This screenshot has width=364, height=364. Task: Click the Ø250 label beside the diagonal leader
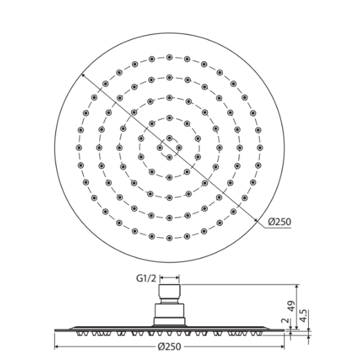point(279,222)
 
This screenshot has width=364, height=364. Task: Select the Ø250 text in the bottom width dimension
point(169,346)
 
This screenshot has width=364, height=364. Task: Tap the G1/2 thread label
point(146,278)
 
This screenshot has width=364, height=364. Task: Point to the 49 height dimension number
point(291,306)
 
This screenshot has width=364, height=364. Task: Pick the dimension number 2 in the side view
point(286,321)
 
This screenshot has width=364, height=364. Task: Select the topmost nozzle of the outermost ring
point(169,57)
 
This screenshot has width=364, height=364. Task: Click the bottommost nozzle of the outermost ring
point(169,238)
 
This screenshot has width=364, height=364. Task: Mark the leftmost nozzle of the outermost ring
point(79,148)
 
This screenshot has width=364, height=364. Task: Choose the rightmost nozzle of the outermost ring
point(260,148)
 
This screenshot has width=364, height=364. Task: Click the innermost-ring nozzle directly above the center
point(169,138)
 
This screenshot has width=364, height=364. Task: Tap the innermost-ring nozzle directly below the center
point(169,157)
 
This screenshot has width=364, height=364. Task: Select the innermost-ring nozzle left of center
point(159,148)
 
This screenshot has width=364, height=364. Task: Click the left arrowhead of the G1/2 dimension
point(161,278)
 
